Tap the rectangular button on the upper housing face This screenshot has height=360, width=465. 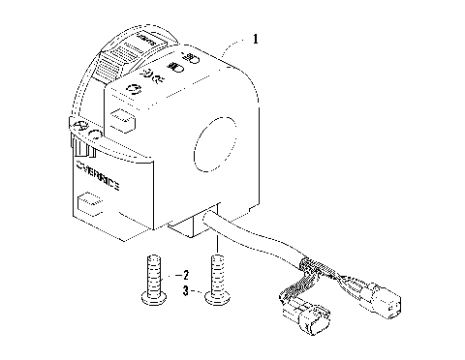tap(120, 121)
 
